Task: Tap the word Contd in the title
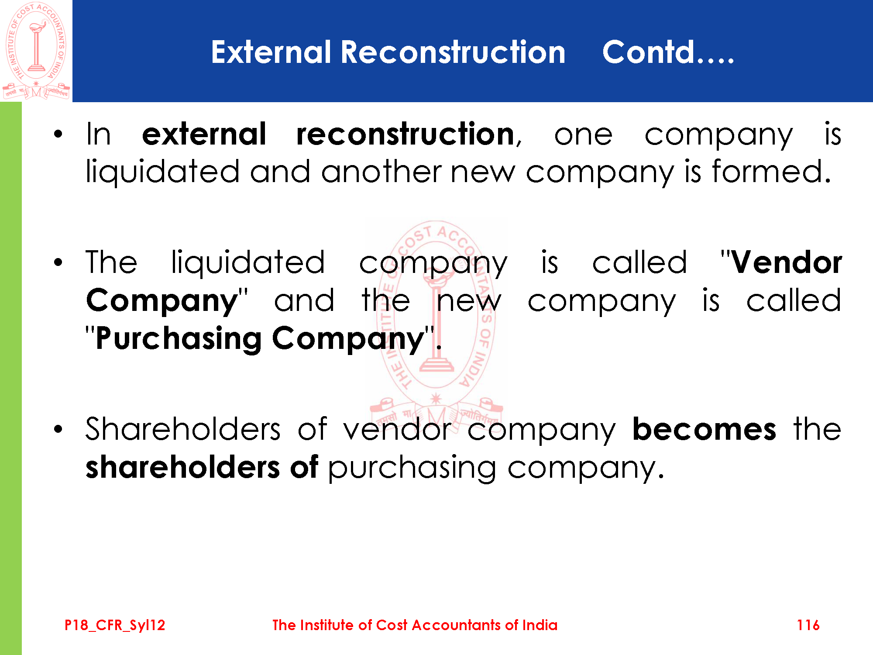pyautogui.click(x=649, y=52)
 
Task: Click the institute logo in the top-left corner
pyautogui.click(x=36, y=51)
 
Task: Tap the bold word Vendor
pyautogui.click(x=787, y=262)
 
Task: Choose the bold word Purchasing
pyautogui.click(x=179, y=339)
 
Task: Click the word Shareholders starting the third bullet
pyautogui.click(x=183, y=429)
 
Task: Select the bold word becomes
pyautogui.click(x=705, y=429)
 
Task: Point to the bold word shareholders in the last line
pyautogui.click(x=182, y=467)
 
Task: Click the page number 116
pyautogui.click(x=808, y=625)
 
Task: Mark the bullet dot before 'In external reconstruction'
pyautogui.click(x=58, y=135)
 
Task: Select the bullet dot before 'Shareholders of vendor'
pyautogui.click(x=58, y=430)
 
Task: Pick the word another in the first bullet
pyautogui.click(x=382, y=171)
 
